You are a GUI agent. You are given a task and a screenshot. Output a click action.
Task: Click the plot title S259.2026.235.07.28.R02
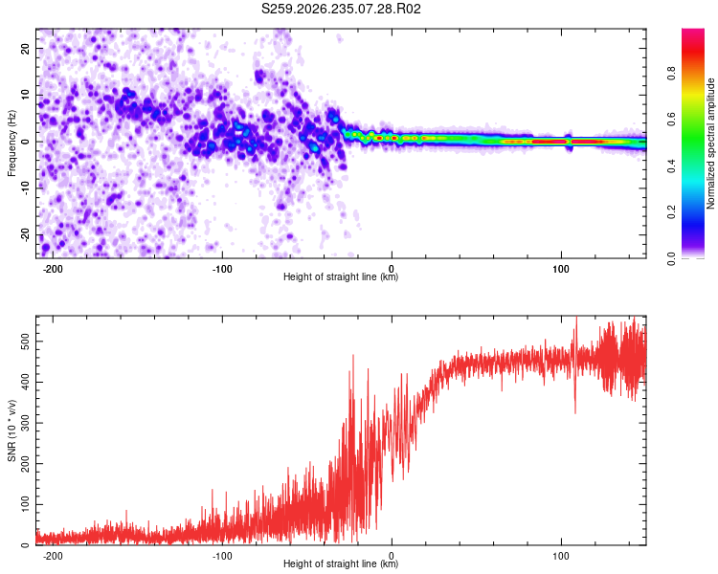[341, 9]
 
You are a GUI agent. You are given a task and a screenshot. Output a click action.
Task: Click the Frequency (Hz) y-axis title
[11, 143]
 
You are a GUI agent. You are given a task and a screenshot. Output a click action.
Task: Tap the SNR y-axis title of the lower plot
[11, 430]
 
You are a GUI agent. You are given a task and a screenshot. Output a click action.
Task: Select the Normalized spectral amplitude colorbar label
[710, 143]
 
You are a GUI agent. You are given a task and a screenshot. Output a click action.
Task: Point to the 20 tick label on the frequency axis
[25, 48]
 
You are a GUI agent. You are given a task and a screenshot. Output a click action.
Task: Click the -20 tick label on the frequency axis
[25, 235]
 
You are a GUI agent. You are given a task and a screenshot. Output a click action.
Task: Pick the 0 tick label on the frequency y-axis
[25, 142]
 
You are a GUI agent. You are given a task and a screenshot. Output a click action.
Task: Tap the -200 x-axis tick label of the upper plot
[53, 269]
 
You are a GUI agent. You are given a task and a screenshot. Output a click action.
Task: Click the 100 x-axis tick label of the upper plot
[561, 269]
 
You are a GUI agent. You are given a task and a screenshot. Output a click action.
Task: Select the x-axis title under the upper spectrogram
[341, 276]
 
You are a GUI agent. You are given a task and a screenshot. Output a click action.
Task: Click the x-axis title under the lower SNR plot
[341, 563]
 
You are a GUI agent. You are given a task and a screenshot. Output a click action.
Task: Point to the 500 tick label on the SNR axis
[25, 342]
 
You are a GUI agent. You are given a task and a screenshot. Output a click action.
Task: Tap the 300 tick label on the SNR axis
[25, 423]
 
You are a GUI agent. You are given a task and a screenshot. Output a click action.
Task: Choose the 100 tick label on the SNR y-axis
[25, 504]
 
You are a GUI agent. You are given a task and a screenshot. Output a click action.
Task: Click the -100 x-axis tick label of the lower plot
[222, 556]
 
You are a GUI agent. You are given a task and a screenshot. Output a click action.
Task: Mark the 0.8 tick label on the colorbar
[671, 74]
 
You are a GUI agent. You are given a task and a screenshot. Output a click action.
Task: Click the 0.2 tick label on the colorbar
[671, 212]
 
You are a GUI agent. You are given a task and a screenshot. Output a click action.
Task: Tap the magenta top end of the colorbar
[693, 32]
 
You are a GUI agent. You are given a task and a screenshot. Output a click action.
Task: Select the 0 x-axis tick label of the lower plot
[392, 556]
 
